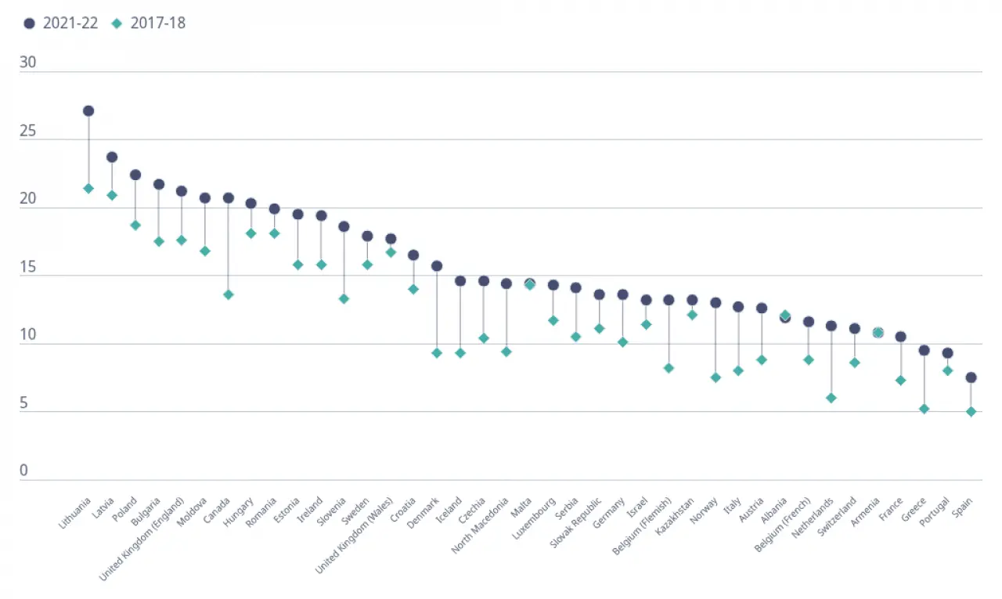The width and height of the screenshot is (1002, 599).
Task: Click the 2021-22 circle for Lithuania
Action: click(x=88, y=111)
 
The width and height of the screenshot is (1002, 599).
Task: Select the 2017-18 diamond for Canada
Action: click(x=229, y=294)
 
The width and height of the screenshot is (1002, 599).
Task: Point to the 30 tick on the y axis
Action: click(x=28, y=63)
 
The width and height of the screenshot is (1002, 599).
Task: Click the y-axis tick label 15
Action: click(x=28, y=266)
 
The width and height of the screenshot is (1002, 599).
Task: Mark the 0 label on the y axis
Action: click(x=23, y=471)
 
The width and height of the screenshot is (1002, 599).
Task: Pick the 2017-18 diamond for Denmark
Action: click(x=437, y=353)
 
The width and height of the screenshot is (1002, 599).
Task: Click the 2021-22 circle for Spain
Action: click(x=971, y=377)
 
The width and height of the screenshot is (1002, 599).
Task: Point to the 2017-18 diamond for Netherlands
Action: click(x=831, y=398)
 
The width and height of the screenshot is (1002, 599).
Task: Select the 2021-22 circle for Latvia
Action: click(x=112, y=157)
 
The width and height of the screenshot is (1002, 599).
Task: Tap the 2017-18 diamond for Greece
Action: click(x=924, y=409)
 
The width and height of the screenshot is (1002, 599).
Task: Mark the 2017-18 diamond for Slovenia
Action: click(x=344, y=299)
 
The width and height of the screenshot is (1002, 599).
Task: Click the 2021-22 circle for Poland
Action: click(x=135, y=175)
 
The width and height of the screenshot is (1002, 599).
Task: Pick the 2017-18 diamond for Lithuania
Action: click(x=88, y=189)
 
